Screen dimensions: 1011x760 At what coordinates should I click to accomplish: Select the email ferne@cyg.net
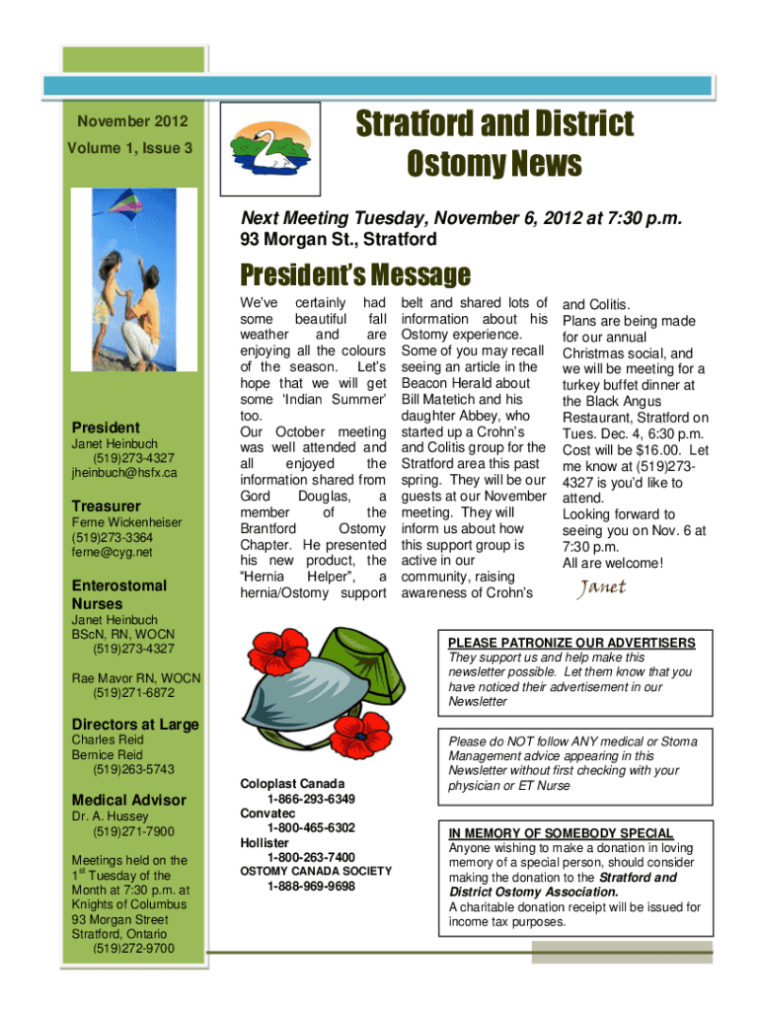click(110, 555)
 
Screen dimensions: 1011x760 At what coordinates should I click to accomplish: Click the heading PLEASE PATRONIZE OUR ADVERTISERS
click(571, 643)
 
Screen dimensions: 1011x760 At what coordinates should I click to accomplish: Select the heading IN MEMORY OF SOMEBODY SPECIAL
click(561, 833)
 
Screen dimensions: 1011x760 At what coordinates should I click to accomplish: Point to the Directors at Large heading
click(135, 725)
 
